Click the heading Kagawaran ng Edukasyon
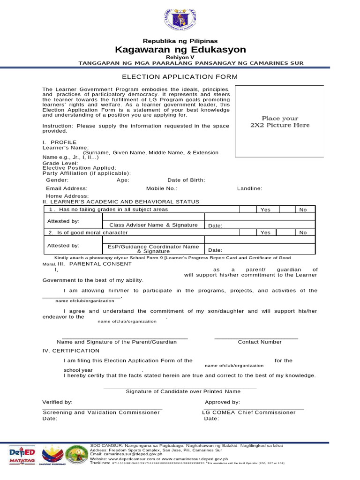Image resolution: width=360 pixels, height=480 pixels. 180,50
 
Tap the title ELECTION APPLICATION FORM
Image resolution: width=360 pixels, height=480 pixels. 180,77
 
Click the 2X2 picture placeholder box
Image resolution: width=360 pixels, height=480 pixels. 279,121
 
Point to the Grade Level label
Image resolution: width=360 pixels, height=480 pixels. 60,163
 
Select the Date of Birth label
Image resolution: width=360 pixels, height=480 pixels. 186,180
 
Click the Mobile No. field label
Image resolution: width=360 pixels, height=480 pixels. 162,188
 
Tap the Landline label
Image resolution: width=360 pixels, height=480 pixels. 249,188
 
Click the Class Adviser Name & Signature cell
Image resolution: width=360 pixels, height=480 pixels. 153,225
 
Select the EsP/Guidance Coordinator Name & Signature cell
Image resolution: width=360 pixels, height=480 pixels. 153,249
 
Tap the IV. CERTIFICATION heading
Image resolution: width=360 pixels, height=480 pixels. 71,351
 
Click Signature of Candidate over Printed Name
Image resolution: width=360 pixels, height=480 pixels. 183,391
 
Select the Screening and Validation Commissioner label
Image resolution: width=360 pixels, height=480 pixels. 101,412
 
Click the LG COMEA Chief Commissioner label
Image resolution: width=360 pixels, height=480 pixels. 248,412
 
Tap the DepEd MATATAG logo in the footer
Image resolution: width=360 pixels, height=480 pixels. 22,457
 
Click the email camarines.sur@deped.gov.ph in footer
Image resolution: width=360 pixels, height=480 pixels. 126,454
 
